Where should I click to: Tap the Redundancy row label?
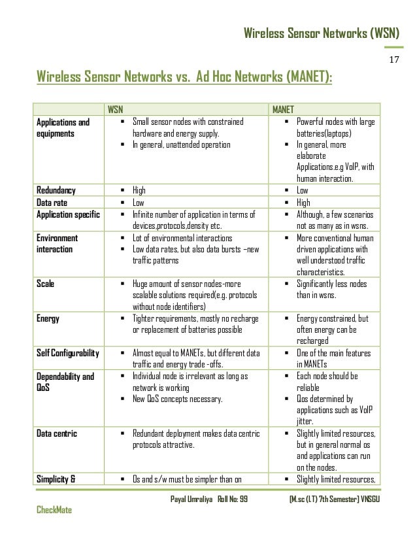[56, 190]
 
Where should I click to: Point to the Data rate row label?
[52, 202]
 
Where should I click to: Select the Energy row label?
[47, 319]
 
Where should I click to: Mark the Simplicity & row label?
[56, 482]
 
